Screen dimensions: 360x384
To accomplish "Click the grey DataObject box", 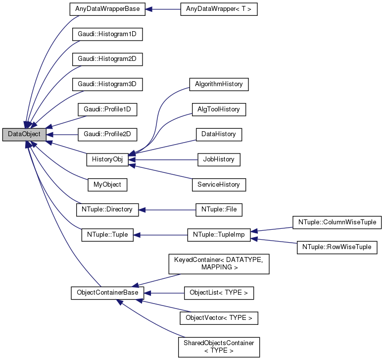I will click(x=24, y=134).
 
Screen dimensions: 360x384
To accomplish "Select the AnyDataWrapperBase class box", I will click(x=107, y=9).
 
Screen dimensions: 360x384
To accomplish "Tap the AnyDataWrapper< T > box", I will click(x=219, y=9).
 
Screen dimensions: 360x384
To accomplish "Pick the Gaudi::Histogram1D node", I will click(x=107, y=34).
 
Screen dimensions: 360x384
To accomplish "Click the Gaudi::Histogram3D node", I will click(x=107, y=84).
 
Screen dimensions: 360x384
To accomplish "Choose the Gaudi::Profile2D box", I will click(x=107, y=134).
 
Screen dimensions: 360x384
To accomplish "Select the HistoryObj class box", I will click(x=107, y=159).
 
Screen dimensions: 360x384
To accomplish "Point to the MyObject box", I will click(x=107, y=184).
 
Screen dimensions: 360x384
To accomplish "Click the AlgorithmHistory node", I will click(x=219, y=84).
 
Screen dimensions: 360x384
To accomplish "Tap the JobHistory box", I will click(x=219, y=159).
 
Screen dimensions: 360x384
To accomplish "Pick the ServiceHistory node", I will click(x=219, y=184).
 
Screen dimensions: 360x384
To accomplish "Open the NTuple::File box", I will click(x=219, y=209).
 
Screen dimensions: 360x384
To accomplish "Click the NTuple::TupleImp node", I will click(x=219, y=234).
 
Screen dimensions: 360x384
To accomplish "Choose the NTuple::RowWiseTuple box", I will click(x=336, y=247).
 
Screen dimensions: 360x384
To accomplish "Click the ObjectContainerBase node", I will click(x=107, y=293).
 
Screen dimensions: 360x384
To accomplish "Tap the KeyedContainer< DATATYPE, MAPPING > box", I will click(x=219, y=264).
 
